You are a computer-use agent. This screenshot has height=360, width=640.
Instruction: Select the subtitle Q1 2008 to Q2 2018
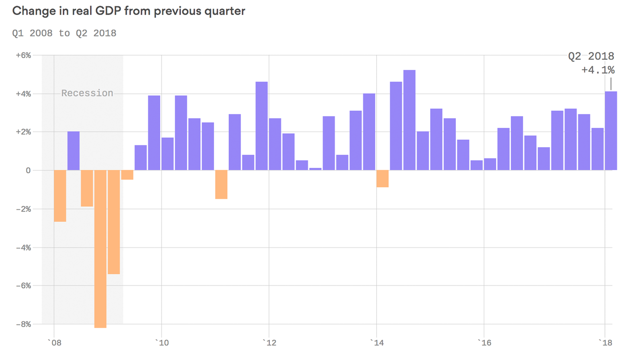[x=64, y=33]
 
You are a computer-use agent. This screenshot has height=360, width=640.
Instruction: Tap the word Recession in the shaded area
[x=87, y=93]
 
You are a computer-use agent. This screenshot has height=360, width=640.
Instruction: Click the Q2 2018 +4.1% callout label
[x=591, y=63]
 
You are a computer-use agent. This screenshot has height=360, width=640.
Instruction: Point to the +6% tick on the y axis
[x=23, y=55]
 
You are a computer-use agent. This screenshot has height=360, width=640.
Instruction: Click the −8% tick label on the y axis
[x=23, y=324]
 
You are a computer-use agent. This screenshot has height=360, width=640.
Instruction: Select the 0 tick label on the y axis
[x=28, y=171]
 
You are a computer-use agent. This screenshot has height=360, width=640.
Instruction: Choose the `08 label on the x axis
[x=54, y=343]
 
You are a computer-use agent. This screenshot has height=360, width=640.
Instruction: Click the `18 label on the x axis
[x=604, y=343]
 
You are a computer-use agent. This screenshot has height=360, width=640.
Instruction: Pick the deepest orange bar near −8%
[x=100, y=248]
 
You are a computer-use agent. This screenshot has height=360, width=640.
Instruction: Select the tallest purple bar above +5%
[x=409, y=120]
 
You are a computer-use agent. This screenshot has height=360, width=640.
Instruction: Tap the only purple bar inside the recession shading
[x=74, y=150]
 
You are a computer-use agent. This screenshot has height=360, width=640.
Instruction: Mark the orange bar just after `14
[x=382, y=179]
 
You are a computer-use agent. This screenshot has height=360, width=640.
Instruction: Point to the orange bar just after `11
[x=221, y=184]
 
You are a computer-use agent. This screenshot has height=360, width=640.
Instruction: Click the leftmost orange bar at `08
[x=60, y=195]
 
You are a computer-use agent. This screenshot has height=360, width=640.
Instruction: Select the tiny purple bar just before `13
[x=315, y=169]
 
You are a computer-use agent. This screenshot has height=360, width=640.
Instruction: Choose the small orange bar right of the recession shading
[x=127, y=175]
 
